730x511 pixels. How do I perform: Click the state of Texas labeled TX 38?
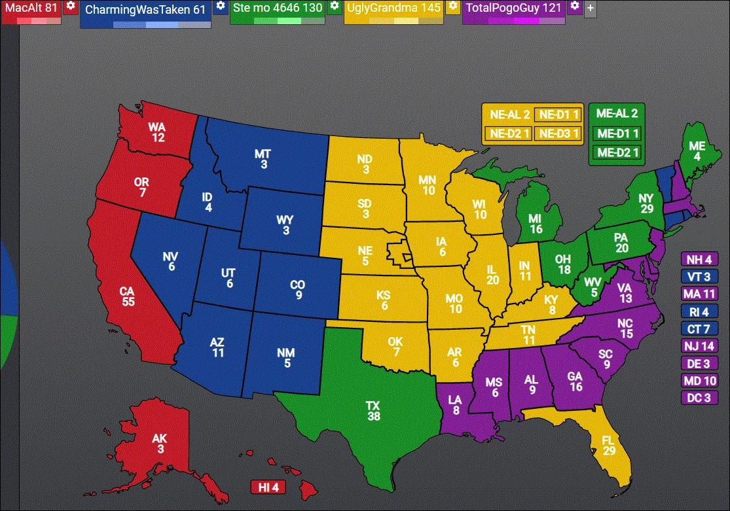click(373, 411)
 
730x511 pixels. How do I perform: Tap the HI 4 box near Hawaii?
click(268, 487)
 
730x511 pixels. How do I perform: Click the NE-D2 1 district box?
click(508, 133)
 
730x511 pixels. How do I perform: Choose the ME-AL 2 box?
click(617, 113)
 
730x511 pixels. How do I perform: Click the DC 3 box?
click(699, 397)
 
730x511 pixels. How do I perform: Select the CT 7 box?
click(699, 328)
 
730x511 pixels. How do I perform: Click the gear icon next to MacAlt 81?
click(71, 7)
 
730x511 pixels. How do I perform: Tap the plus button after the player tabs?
click(590, 9)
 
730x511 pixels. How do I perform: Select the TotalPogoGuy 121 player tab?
click(513, 9)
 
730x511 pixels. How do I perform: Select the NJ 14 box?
click(699, 345)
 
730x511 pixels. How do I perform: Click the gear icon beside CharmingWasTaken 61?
click(221, 7)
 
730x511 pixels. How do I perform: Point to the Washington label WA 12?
click(156, 132)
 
